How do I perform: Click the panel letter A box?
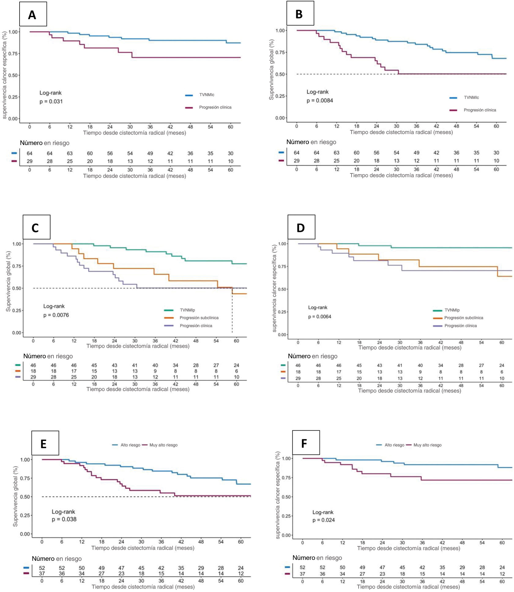coord(33,14)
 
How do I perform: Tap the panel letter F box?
coord(306,443)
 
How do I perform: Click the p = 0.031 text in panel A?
coord(51,102)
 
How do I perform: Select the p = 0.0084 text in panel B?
coord(320,101)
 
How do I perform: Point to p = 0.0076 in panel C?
coord(56,315)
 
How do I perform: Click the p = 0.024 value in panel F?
coord(323,520)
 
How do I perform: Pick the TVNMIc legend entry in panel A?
coord(207,95)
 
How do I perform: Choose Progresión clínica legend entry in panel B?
coord(479,110)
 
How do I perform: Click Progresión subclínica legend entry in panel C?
coord(199,318)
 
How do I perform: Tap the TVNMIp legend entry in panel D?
coord(452,310)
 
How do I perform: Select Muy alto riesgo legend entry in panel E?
coord(163,445)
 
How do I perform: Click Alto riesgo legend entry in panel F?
coord(394,445)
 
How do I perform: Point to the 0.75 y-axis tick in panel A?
coord(13,54)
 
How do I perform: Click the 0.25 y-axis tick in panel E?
coord(25,516)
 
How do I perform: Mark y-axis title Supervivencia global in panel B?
coord(271,69)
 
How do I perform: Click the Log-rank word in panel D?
coord(318,307)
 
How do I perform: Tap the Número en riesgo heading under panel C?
coord(48,356)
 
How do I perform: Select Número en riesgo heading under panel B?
coord(311,142)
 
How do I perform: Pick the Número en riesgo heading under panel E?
coord(57,559)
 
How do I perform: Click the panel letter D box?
coord(301,227)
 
